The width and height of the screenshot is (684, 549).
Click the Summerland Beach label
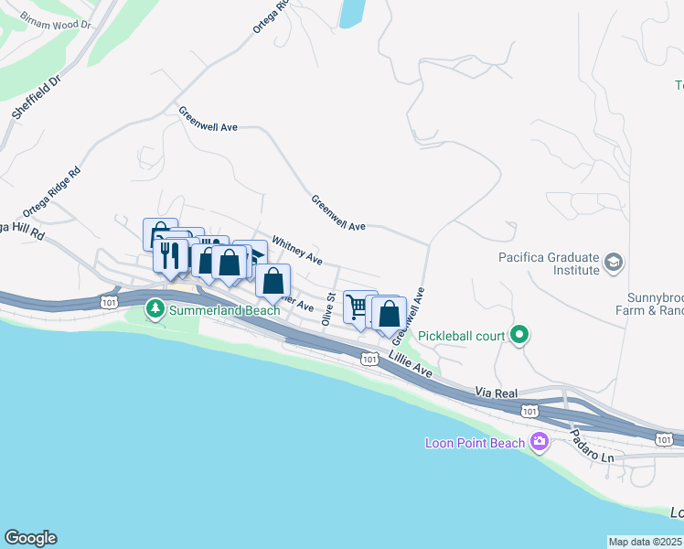[224, 311]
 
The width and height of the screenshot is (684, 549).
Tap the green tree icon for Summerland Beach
[155, 311]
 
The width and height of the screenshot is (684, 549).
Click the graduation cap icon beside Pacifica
[613, 264]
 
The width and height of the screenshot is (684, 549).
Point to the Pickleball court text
[462, 336]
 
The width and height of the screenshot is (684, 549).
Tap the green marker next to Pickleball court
[520, 335]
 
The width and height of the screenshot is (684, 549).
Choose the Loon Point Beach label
[476, 444]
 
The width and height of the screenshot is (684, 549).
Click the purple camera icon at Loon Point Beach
[540, 443]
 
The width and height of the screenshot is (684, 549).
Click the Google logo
[30, 538]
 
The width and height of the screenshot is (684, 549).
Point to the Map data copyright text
[645, 542]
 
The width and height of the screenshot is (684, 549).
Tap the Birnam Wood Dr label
[57, 21]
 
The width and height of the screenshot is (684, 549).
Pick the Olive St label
[327, 308]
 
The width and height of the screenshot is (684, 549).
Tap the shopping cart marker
[359, 306]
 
